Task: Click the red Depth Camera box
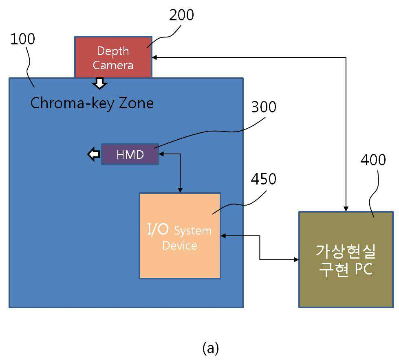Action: [x=113, y=57]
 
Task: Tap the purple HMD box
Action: [x=130, y=154]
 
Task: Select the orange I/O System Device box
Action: [x=180, y=236]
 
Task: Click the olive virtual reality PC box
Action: [x=346, y=259]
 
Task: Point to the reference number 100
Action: [x=23, y=39]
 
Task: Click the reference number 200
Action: [x=181, y=15]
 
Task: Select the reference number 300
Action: [x=264, y=107]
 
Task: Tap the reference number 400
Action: [x=373, y=160]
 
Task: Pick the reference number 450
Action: [x=264, y=179]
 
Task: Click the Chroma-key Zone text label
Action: [x=92, y=103]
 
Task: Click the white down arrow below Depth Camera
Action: [x=99, y=83]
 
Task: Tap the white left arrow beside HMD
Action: [x=94, y=154]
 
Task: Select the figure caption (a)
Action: [x=210, y=348]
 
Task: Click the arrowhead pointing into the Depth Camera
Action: [x=154, y=57]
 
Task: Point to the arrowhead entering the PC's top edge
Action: [x=346, y=209]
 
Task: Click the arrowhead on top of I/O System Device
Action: [x=180, y=191]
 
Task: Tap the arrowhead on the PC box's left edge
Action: [x=296, y=259]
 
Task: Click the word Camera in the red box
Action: [x=113, y=65]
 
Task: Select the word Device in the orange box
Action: [x=180, y=246]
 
